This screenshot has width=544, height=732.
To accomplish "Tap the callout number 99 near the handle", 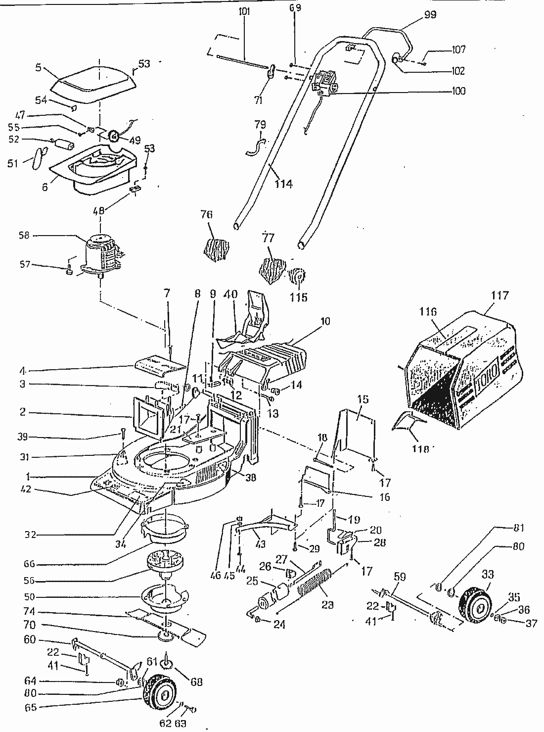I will point(430,15).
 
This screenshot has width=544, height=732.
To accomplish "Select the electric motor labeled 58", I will point(102,254).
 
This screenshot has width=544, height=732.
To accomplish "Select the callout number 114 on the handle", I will point(284,184).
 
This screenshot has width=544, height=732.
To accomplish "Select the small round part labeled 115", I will point(297,278).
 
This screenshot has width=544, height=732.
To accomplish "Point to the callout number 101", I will point(244,11).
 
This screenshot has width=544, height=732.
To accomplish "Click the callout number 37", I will point(531,624).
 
